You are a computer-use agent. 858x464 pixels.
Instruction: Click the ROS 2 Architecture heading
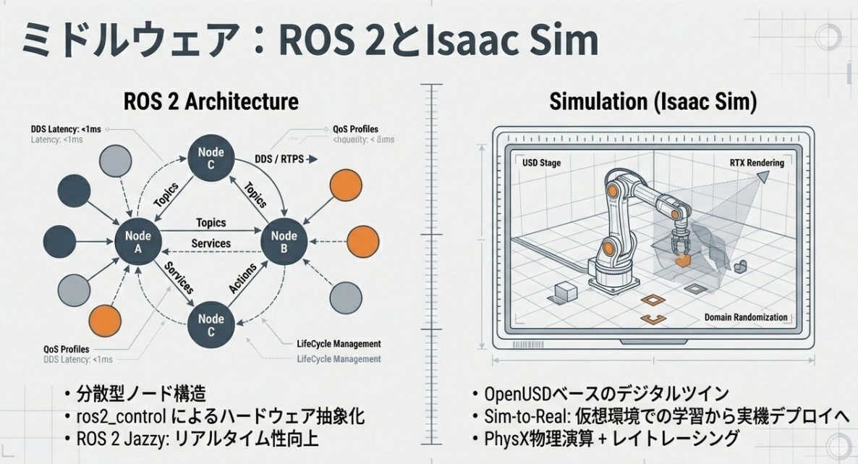coord(211,101)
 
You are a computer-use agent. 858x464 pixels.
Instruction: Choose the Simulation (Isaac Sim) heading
coord(653,101)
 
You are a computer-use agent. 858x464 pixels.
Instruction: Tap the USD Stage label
coord(541,163)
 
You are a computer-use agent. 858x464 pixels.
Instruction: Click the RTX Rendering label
coord(756,163)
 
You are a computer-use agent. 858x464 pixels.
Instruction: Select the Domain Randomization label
coord(746,318)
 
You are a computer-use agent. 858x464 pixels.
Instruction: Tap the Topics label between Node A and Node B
coord(211,223)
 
